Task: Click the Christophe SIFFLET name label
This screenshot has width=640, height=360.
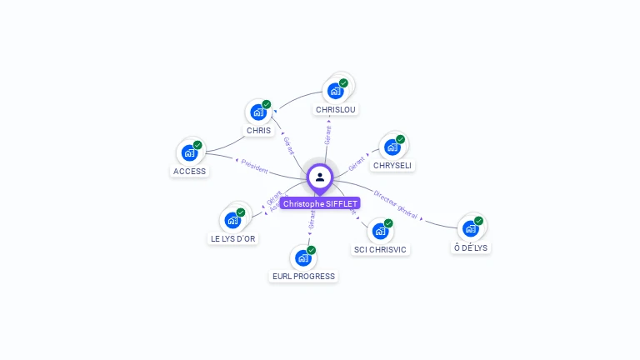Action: [320, 203]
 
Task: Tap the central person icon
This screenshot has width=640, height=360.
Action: [320, 177]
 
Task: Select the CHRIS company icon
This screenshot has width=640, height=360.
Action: [258, 112]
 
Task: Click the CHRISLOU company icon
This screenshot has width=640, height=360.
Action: [336, 90]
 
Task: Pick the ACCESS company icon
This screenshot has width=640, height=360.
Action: [189, 152]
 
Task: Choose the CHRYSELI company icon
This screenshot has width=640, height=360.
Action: [392, 147]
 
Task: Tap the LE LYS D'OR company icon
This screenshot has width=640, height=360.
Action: [232, 221]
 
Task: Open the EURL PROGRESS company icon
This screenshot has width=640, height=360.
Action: [303, 257]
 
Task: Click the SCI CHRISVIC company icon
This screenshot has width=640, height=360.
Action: [381, 232]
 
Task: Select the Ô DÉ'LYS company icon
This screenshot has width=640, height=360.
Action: [471, 228]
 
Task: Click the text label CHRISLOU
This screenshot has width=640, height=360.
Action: [336, 109]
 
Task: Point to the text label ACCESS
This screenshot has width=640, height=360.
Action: [189, 172]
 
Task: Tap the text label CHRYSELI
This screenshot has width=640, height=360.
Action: [392, 166]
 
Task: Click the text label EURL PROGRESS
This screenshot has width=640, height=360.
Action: [303, 277]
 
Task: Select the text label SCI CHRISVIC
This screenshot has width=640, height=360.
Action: [381, 250]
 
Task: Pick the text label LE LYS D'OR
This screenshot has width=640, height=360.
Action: [232, 239]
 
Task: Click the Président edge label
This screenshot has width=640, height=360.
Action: [254, 165]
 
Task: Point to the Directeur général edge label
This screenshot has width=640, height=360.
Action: [395, 198]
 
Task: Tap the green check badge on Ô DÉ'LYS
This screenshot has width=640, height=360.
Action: [479, 221]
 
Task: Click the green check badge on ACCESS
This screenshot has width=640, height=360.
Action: [197, 145]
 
